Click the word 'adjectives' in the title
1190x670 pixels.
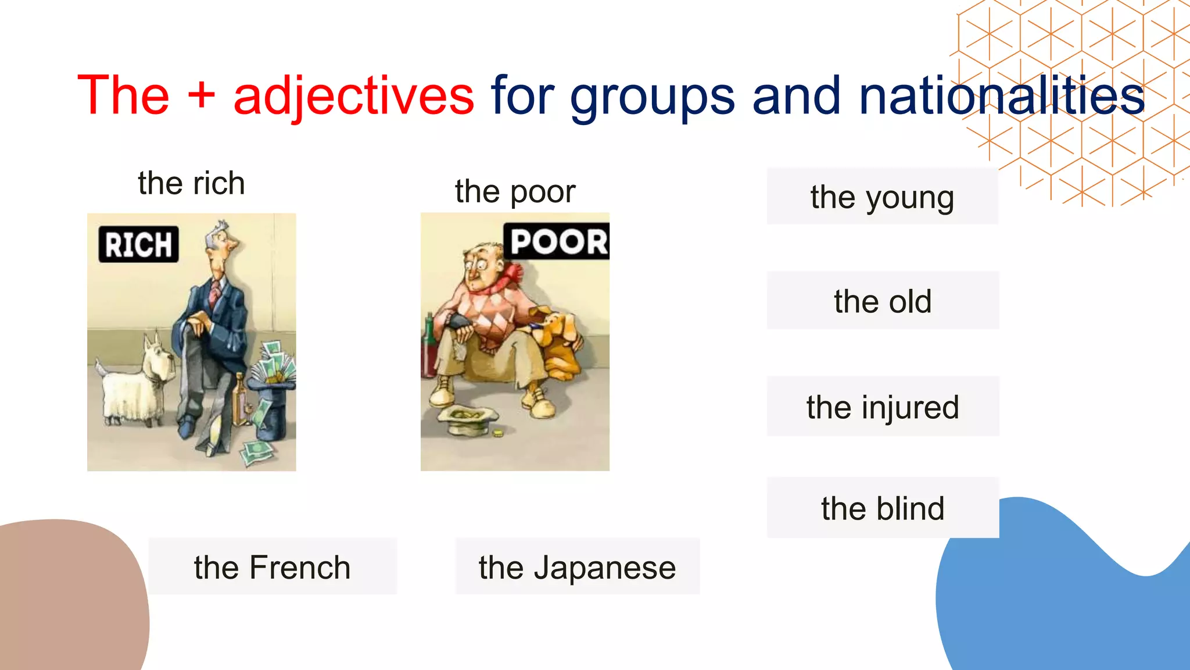coord(353,96)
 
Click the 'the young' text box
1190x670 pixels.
coord(882,197)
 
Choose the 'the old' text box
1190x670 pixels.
coord(882,301)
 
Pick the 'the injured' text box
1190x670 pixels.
coord(882,407)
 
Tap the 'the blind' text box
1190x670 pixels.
coord(882,508)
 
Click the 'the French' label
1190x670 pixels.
coord(272,567)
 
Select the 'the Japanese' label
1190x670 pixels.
coord(577,567)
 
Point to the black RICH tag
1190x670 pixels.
coord(138,244)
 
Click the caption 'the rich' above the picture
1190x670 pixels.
coord(191,183)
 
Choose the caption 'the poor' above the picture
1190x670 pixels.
coord(515,191)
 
